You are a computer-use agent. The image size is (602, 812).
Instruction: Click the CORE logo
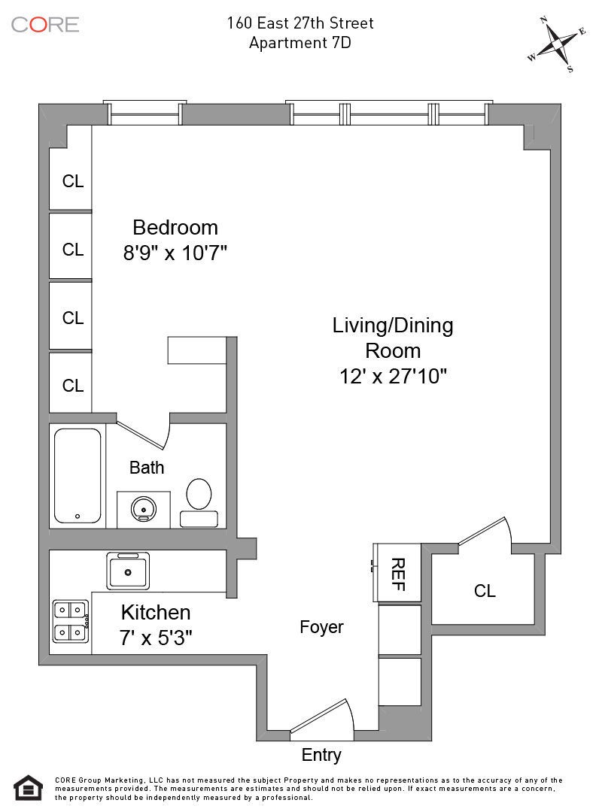(45, 24)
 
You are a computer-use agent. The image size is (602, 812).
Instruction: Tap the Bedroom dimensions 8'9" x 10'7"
(175, 253)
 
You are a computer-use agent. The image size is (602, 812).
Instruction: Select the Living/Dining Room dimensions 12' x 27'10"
(393, 376)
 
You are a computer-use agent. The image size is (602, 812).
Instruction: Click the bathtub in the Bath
(78, 475)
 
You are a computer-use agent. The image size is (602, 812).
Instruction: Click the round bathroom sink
(143, 508)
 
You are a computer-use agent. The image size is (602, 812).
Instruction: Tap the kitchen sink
(128, 571)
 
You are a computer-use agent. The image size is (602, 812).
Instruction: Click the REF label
(398, 574)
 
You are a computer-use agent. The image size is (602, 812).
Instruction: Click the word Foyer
(321, 626)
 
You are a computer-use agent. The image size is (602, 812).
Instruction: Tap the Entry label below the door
(321, 755)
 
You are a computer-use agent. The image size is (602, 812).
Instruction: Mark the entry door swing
(322, 717)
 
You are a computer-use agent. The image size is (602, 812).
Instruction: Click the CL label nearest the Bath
(72, 385)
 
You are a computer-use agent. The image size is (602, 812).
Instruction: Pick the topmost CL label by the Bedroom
(72, 180)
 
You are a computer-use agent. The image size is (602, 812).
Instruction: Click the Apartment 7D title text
(300, 42)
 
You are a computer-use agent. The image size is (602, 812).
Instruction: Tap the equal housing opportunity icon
(28, 788)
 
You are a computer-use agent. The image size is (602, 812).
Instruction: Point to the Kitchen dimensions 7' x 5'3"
(156, 638)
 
